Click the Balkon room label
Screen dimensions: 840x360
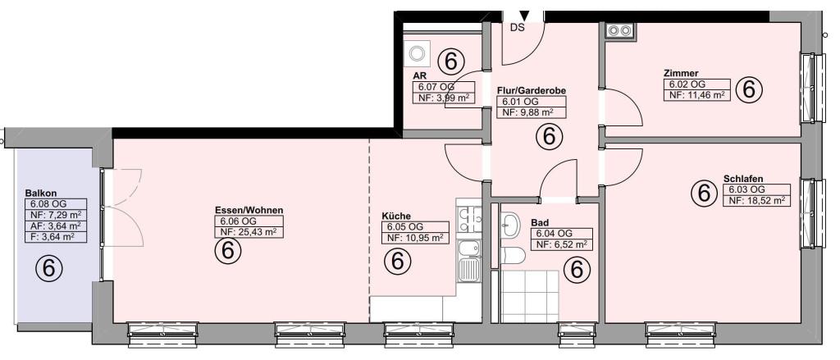point(41,193)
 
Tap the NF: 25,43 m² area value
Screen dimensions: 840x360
point(248,232)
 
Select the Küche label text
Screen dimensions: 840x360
point(396,216)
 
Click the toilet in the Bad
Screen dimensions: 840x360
point(514,256)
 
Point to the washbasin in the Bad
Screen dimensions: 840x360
point(511,224)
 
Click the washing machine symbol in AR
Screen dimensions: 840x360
point(417,52)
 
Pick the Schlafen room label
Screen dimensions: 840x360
point(743,179)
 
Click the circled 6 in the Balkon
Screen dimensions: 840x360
point(48,268)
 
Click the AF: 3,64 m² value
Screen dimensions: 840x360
point(56,225)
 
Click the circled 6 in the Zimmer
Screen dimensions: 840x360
point(749,89)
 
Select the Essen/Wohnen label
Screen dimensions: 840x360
point(249,210)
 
